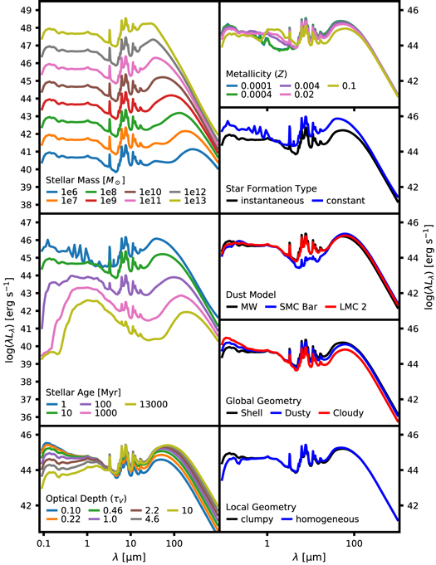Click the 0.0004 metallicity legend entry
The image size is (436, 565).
click(265, 94)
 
